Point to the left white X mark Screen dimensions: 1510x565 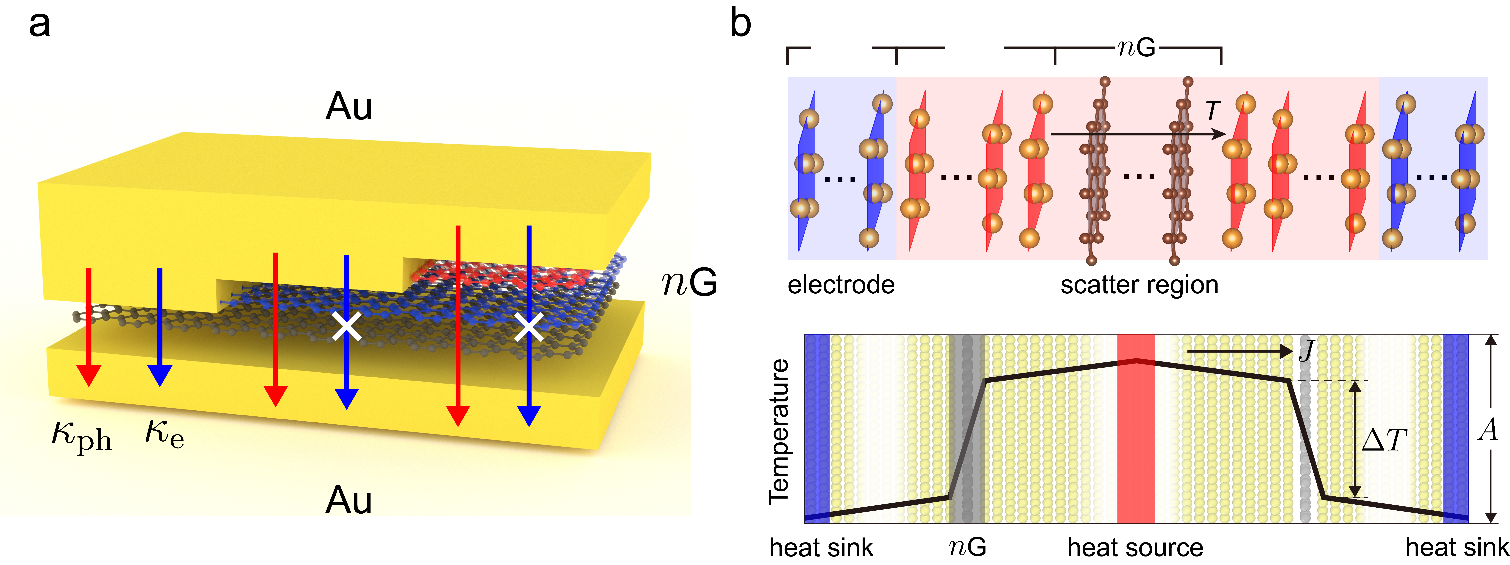point(346,326)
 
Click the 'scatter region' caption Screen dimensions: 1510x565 point(1139,285)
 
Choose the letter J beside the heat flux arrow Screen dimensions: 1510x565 point(1306,351)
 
